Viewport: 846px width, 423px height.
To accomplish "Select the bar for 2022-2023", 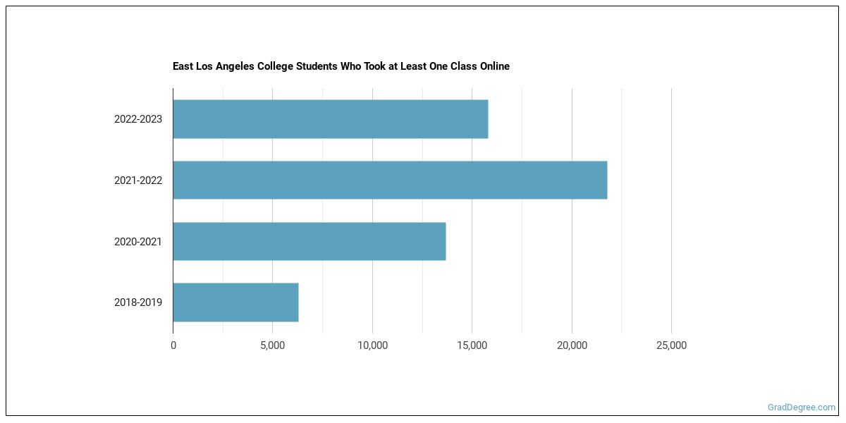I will tap(330, 119).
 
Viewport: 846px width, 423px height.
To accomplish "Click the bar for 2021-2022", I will tap(390, 180).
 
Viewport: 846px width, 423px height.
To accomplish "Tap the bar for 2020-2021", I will tap(309, 241).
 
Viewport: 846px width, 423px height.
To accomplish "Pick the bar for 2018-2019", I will tap(235, 302).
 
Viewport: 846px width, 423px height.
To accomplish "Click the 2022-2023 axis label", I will tap(138, 119).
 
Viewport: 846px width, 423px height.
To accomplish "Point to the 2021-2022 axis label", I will tap(138, 180).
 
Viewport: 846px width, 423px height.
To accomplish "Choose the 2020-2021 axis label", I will tap(138, 242).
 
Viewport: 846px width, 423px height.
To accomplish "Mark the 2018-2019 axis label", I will tap(138, 302).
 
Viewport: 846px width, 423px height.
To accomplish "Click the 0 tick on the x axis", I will tap(173, 345).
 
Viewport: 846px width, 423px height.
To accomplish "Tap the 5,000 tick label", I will tap(273, 345).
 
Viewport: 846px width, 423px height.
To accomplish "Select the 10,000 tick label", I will tap(372, 345).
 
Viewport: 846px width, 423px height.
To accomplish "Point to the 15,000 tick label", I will tap(472, 345).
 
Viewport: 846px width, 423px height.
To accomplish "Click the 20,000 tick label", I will tap(572, 345).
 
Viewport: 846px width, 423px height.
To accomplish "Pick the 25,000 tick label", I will tap(671, 345).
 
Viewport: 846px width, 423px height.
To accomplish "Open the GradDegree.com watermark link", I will tap(802, 407).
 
